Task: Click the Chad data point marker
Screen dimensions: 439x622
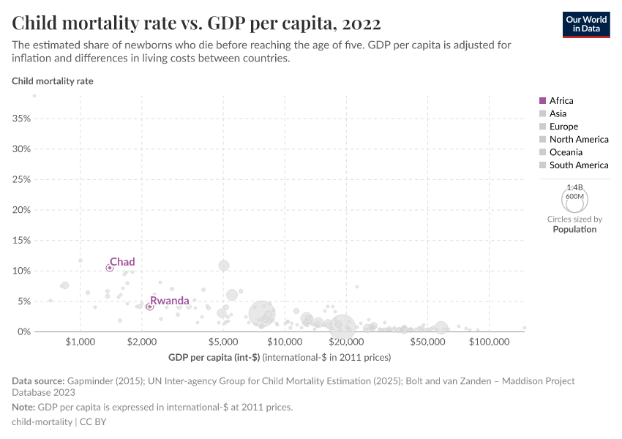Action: [x=110, y=268]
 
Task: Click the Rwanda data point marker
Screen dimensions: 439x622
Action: [x=149, y=307]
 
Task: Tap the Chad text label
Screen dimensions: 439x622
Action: [x=122, y=262]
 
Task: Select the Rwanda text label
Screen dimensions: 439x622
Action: [x=170, y=301]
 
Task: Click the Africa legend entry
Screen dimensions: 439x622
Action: [x=561, y=101]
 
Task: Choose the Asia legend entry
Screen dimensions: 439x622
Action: [x=558, y=113]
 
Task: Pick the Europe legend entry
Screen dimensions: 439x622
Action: [x=563, y=127]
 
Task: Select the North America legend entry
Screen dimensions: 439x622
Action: [x=579, y=139]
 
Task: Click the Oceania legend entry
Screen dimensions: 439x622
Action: [x=566, y=152]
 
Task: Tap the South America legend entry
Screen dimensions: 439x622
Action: [x=579, y=165]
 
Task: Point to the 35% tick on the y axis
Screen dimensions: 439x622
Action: [x=21, y=119]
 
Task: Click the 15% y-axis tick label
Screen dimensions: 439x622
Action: [x=21, y=241]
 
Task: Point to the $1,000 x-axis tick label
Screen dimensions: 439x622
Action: [x=80, y=342]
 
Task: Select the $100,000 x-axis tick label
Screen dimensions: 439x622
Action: [x=489, y=342]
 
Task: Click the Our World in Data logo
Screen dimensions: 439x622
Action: [x=585, y=24]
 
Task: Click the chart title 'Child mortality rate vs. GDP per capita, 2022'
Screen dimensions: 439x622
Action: [x=196, y=23]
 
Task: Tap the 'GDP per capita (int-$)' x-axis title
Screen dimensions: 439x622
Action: [x=214, y=357]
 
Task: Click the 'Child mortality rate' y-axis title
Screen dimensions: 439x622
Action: [x=53, y=81]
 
